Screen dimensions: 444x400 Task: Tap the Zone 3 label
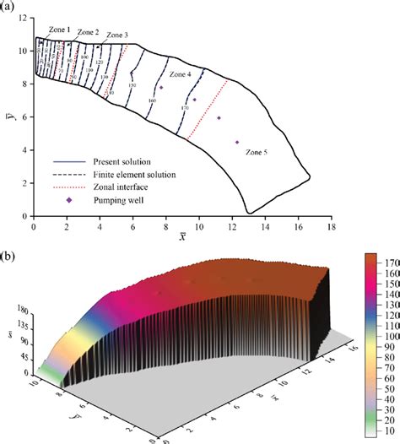tap(116, 35)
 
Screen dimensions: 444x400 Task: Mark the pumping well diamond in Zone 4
tap(161, 88)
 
